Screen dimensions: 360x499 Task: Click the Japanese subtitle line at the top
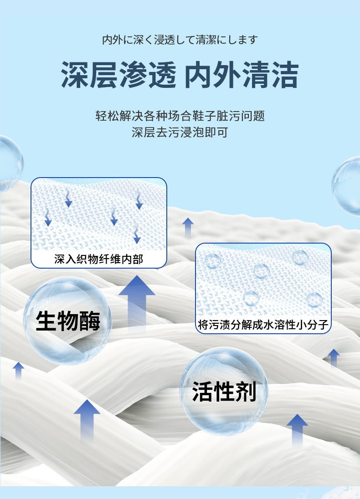coord(180,40)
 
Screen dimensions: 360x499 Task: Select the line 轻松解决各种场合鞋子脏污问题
coord(180,116)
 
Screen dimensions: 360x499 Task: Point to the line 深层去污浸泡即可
coord(180,133)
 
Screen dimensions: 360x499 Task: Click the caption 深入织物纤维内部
coord(98,260)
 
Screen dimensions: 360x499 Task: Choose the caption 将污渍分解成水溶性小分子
coord(264,325)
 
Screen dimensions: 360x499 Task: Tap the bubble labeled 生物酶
coord(67,321)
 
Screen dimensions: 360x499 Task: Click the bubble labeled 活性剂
coord(224,392)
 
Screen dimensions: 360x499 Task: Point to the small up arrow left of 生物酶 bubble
coord(19,371)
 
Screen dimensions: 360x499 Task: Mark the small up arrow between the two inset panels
coord(188,227)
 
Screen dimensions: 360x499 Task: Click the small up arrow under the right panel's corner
coord(334,357)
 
